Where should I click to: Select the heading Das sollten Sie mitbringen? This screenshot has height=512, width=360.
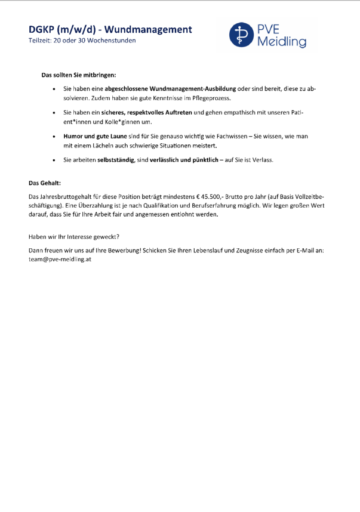tap(78, 75)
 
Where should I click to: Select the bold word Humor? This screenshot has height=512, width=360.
tap(74, 137)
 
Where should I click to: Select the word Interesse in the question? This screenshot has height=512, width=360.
tap(84, 236)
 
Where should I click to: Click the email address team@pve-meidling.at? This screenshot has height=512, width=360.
tap(60, 260)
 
